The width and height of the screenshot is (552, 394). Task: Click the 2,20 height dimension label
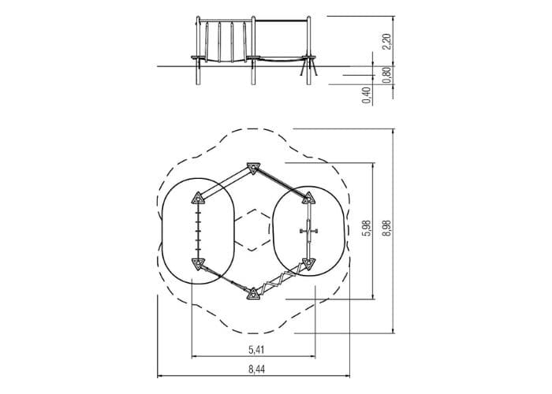386,42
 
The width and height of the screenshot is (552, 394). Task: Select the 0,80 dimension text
386,75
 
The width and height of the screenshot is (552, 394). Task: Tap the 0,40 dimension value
367,95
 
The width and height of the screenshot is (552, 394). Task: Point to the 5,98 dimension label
367,228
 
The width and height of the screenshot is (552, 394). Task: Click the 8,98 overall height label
386,228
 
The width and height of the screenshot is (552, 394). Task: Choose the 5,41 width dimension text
256,350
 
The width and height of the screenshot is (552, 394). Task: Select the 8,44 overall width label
256,370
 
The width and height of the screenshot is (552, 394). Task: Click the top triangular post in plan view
253,168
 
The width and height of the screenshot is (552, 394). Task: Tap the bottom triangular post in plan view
253,294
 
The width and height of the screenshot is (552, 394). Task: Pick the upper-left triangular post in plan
198,199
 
